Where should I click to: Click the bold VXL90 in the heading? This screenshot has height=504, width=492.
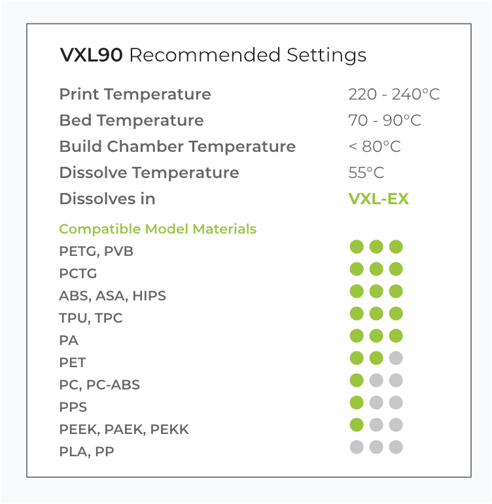point(91,54)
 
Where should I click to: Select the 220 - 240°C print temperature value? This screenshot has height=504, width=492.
point(394,94)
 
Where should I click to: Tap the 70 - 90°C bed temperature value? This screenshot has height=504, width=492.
point(385,120)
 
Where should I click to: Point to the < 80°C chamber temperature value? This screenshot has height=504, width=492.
point(375,147)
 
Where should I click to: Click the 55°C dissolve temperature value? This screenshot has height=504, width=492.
point(366,173)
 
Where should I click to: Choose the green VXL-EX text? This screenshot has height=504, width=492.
point(379,198)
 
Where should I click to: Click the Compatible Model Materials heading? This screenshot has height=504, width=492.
point(158,229)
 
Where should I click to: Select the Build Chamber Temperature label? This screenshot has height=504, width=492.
point(177,147)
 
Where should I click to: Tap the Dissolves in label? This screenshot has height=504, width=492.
point(107,198)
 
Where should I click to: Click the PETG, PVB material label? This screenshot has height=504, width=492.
point(96,251)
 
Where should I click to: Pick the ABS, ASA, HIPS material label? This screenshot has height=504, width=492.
point(113,296)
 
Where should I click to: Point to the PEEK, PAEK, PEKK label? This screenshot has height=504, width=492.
point(124,429)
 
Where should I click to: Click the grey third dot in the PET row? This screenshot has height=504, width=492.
point(396,358)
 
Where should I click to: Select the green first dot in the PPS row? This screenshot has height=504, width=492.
point(357,403)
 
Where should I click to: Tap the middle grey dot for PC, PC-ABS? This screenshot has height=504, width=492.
point(376,380)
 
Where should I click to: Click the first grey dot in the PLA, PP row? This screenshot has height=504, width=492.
point(357,447)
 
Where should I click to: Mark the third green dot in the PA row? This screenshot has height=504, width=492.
point(396,336)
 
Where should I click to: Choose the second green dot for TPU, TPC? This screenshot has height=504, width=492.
point(376,314)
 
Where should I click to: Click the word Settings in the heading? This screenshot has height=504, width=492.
point(326,56)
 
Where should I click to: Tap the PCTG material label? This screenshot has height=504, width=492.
point(78,274)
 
